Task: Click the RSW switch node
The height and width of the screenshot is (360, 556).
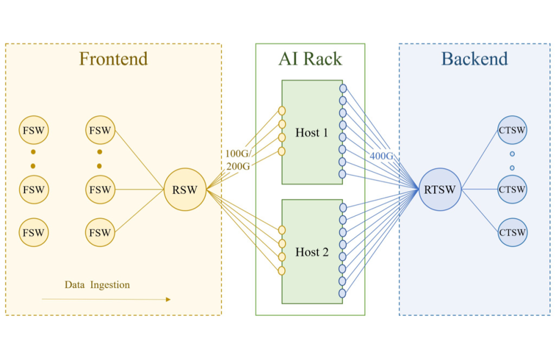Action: (x=185, y=189)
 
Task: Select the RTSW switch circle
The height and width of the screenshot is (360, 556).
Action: (x=440, y=189)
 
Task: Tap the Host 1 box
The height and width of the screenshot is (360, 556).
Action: (x=311, y=132)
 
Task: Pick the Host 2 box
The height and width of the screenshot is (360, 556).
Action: (x=311, y=251)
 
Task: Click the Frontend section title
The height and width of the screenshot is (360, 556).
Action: (x=113, y=59)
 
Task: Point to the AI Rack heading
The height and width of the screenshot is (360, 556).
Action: (x=310, y=59)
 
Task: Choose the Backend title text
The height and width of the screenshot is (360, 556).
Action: (x=474, y=59)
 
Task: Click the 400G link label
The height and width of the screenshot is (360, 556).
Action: (x=381, y=156)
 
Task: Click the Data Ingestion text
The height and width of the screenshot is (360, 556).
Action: (x=97, y=285)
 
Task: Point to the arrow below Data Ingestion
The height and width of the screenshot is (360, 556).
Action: (x=106, y=299)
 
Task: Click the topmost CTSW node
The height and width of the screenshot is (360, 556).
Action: (x=512, y=130)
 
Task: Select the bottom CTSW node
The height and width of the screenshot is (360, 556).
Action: (x=512, y=233)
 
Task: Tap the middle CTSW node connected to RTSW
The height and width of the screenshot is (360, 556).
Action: (x=512, y=189)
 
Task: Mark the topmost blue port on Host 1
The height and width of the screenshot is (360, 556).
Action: (x=343, y=88)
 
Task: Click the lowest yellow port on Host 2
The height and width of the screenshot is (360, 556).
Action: (x=282, y=271)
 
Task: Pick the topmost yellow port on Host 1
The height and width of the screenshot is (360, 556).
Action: (x=282, y=110)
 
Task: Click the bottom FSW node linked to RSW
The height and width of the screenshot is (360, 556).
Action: (x=100, y=233)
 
